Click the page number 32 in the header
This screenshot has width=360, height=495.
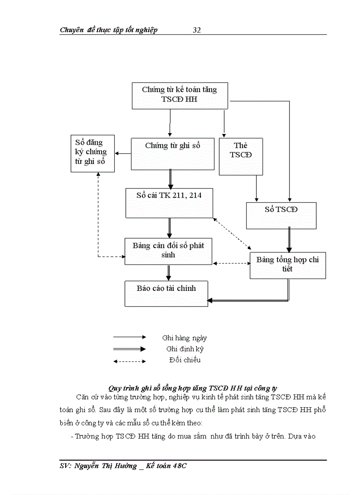point(197,30)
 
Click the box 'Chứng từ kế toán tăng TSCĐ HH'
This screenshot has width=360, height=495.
point(180,95)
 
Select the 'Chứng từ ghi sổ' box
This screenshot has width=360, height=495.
point(172,152)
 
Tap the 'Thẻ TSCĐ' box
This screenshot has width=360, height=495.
point(241,156)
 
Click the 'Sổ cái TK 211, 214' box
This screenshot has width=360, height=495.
point(169,203)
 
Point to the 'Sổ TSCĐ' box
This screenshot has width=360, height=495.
point(281,215)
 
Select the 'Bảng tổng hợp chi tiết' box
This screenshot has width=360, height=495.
point(288,265)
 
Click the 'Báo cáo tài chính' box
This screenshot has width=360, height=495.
point(166,293)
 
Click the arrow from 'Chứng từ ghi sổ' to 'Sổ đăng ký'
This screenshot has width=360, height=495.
point(123,153)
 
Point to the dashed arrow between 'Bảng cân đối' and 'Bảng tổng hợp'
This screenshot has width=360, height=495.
point(231,263)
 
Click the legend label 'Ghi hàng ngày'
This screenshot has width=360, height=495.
point(184,338)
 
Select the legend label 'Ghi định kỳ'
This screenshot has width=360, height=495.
point(185,349)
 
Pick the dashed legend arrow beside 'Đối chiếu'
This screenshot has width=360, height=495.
point(130,361)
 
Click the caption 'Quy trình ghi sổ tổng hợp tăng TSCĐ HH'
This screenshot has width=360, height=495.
point(193,388)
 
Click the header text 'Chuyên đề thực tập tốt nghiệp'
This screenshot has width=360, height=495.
point(109,30)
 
